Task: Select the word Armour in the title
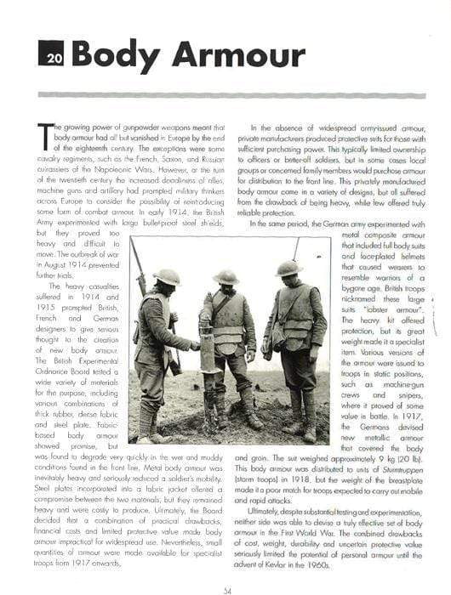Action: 237,54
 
